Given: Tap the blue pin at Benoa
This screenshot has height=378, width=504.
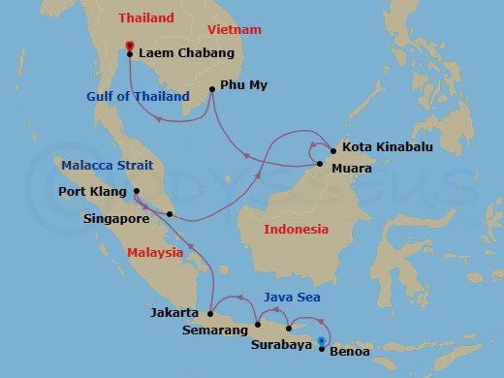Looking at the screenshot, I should coord(322,340).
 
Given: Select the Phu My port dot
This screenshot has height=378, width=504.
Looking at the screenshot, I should coord(212,90).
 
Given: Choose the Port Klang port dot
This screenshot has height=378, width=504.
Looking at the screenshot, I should coord(137,191).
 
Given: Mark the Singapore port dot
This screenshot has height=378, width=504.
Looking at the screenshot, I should coord(170,214).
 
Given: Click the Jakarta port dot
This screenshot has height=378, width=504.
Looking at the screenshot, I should coord(210,313).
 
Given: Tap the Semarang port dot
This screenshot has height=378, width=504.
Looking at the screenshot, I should coord(258,324).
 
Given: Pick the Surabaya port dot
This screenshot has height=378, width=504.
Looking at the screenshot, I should coord(289,330).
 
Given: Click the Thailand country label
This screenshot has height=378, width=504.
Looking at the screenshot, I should coord(147,17).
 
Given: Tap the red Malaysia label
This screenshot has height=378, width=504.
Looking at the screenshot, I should coord(155,253).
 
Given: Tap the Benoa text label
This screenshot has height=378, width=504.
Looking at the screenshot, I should coord(349,352).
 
